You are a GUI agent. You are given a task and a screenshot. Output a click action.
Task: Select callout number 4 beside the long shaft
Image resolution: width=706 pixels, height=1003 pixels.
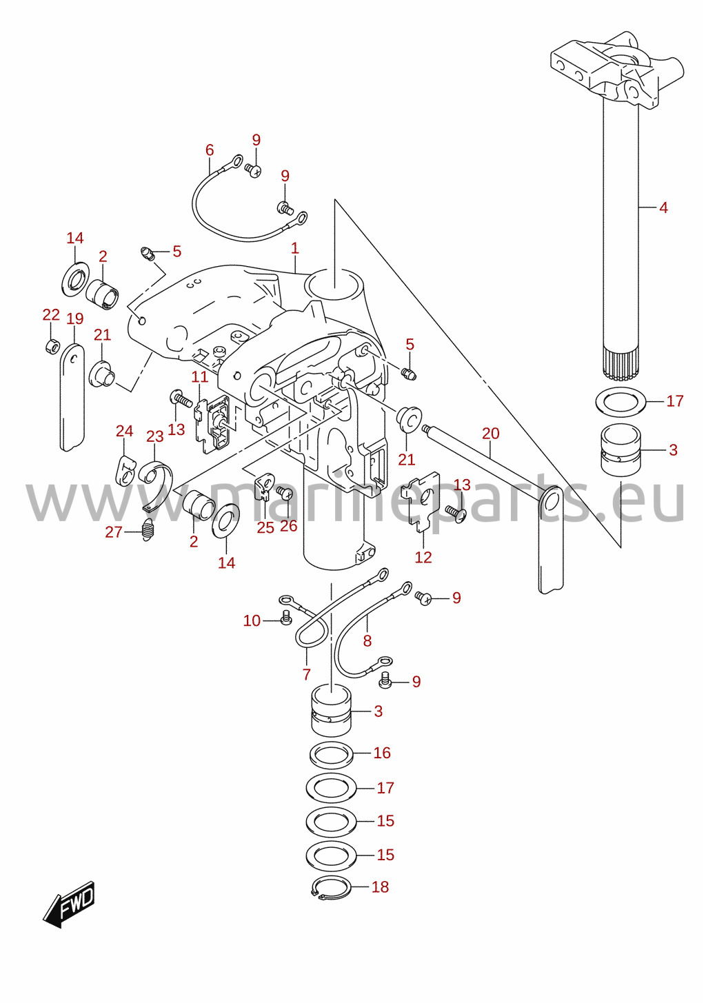[x=663, y=207]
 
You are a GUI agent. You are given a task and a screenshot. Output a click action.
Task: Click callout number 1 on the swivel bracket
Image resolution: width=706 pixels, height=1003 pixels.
[x=294, y=248]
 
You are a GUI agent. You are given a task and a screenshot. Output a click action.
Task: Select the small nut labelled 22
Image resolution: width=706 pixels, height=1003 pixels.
[x=50, y=346]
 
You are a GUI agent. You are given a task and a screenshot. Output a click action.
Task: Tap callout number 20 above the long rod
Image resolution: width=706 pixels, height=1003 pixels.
[x=490, y=433]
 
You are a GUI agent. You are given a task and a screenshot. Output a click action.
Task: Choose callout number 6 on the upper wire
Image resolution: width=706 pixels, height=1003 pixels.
[x=210, y=150]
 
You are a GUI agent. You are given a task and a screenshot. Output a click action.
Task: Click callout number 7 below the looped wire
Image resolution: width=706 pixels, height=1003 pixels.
[x=306, y=687]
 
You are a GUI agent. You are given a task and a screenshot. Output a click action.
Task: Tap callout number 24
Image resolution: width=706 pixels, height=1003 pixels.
[x=125, y=431]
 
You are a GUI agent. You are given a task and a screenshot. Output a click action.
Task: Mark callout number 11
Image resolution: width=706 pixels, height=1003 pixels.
[x=200, y=376]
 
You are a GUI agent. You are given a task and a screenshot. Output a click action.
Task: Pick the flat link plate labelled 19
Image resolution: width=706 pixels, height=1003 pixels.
[x=72, y=396]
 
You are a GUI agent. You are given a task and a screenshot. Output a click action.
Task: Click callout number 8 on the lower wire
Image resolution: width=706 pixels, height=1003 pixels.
[x=367, y=641]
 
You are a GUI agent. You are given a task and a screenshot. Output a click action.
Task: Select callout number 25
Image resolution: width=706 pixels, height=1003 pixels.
[x=265, y=527]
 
